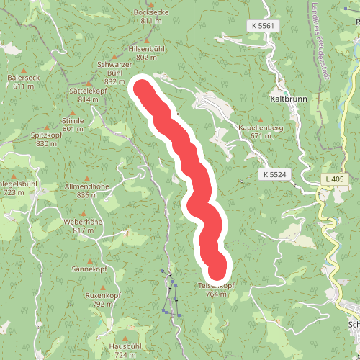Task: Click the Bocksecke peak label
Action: (151, 17)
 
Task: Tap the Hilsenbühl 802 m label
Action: (146, 53)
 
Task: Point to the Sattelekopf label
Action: (84, 95)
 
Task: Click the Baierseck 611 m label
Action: (24, 81)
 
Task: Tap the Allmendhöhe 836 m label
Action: (87, 190)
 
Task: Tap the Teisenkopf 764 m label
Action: (216, 289)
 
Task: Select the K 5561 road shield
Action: (264, 26)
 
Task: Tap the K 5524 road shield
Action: (275, 175)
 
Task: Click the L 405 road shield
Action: (334, 178)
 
